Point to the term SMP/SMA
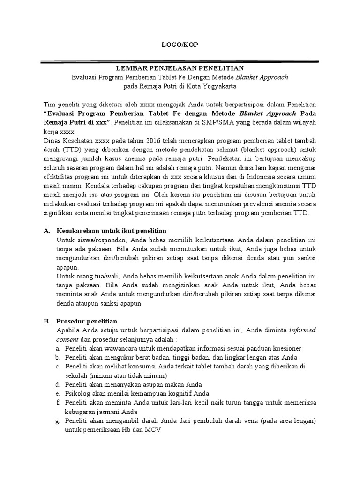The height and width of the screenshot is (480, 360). [226, 122]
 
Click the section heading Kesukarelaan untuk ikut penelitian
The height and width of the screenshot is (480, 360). [111, 231]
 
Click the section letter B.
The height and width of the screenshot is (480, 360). [46, 321]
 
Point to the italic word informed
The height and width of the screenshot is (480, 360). [302, 330]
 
